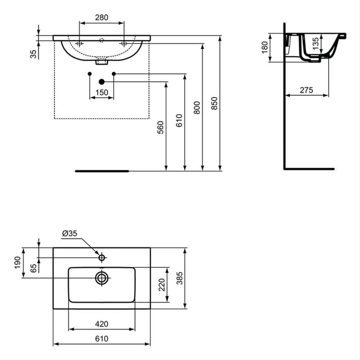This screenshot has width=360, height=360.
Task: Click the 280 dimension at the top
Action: point(101,17)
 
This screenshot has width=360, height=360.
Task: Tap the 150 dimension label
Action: point(101,92)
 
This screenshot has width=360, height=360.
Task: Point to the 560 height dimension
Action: point(160,128)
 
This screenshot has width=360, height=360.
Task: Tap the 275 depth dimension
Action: point(307,90)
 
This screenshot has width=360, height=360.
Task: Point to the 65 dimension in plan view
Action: point(33,267)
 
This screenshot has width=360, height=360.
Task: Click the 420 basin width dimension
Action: point(101,324)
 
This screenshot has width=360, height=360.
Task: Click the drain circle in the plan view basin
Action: point(101,278)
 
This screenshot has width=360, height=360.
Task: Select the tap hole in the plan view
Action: point(102,257)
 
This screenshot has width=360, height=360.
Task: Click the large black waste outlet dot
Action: point(101,81)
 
